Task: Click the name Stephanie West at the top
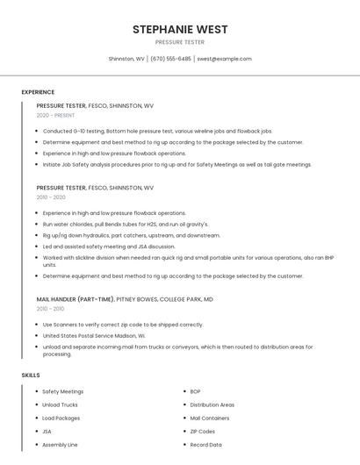point(180,30)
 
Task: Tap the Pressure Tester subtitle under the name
point(180,42)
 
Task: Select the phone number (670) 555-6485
point(170,59)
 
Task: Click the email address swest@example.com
point(224,59)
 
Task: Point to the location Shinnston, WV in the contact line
point(126,59)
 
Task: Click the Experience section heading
point(38,92)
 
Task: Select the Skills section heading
point(31,376)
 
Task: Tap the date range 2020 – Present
point(55,115)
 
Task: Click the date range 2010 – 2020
point(51,197)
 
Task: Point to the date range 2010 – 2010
point(50,309)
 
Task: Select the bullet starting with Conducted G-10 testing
point(157,131)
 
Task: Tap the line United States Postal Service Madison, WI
point(94,335)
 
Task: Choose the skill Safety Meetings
point(63,391)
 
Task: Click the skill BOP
point(196,391)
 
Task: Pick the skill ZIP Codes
point(203,432)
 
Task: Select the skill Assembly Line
point(60,445)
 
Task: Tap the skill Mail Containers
point(210,418)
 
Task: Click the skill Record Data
point(206,445)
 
